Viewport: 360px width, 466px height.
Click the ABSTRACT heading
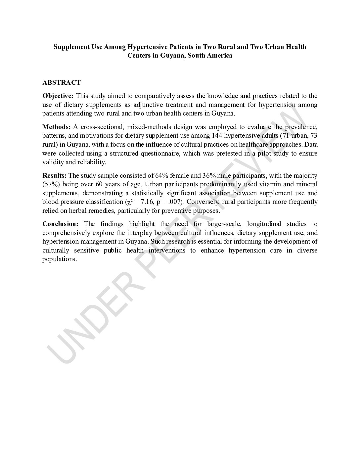point(62,82)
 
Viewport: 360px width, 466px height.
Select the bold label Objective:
point(58,96)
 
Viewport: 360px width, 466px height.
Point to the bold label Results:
point(55,175)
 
